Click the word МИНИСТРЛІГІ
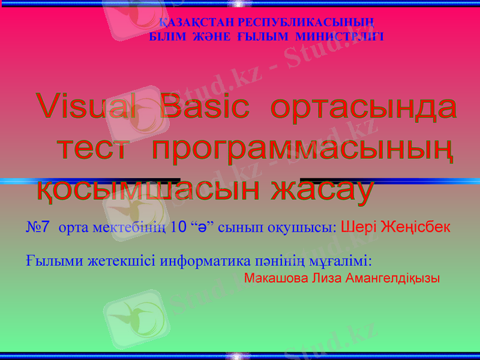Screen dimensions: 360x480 click(340, 37)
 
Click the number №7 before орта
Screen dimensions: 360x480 click(38, 227)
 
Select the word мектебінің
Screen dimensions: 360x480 click(128, 228)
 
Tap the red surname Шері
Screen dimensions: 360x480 click(358, 227)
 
